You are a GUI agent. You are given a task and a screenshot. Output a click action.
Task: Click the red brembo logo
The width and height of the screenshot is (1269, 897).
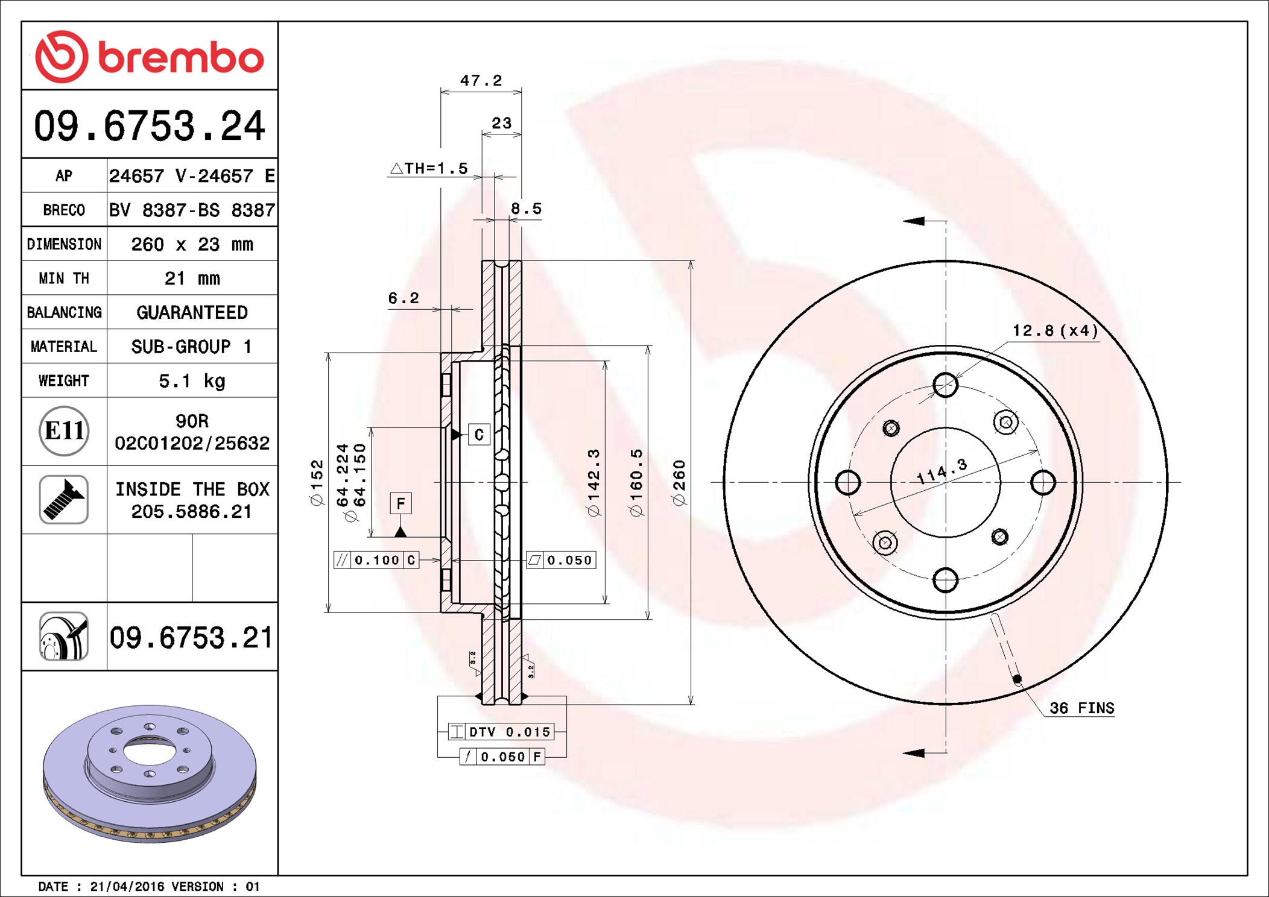click(150, 57)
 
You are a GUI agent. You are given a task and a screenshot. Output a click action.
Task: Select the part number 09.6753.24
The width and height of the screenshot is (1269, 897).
click(150, 126)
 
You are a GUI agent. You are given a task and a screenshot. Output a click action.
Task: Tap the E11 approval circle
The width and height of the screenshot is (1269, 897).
click(64, 431)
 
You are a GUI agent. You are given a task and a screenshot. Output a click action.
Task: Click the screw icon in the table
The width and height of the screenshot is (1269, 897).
click(64, 499)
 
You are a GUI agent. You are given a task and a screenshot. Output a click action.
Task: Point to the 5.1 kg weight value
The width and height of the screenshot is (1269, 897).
click(192, 381)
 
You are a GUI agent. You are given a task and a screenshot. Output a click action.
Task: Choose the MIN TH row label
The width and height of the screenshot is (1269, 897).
click(64, 279)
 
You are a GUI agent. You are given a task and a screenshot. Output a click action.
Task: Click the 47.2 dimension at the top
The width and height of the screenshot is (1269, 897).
click(481, 81)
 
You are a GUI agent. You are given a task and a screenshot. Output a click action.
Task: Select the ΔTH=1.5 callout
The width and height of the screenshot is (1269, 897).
click(429, 168)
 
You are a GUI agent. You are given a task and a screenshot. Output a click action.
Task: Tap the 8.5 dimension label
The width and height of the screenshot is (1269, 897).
click(527, 209)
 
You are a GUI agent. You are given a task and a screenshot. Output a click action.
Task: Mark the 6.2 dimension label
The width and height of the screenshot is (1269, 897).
click(403, 298)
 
